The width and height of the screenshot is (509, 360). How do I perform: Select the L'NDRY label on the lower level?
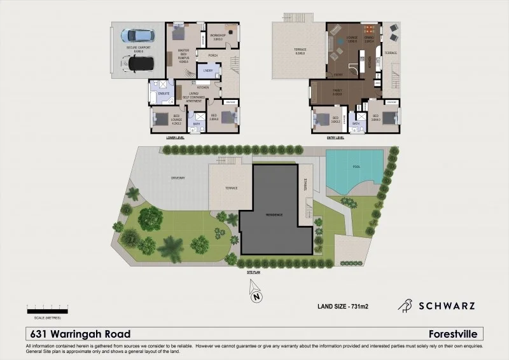pyautogui.click(x=208, y=71)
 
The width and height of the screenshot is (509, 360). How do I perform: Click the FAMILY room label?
pyautogui.click(x=337, y=91)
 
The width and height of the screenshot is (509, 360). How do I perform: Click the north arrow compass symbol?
pyautogui.click(x=254, y=294)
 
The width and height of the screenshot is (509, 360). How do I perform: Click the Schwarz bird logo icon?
pyautogui.click(x=405, y=306)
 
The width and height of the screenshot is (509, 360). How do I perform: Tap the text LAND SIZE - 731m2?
pyautogui.click(x=343, y=307)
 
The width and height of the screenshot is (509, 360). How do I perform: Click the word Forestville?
pyautogui.click(x=456, y=334)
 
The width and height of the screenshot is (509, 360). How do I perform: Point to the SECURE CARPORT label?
pyautogui.click(x=137, y=48)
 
